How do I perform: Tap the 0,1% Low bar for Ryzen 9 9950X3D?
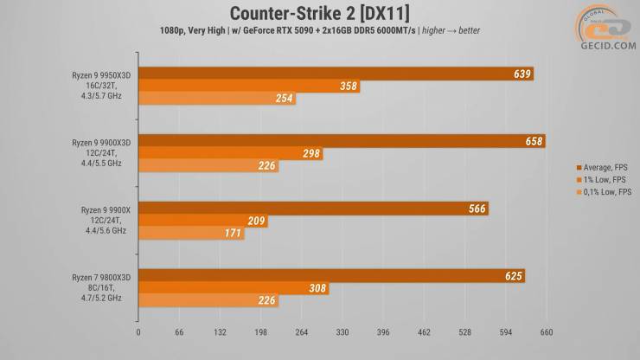tap(216, 99)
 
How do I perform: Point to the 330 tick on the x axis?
tap(342, 331)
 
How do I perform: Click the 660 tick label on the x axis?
tap(547, 331)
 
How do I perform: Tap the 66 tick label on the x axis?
tap(180, 331)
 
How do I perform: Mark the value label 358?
tap(349, 87)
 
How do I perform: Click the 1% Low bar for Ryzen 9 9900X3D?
tap(230, 154)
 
